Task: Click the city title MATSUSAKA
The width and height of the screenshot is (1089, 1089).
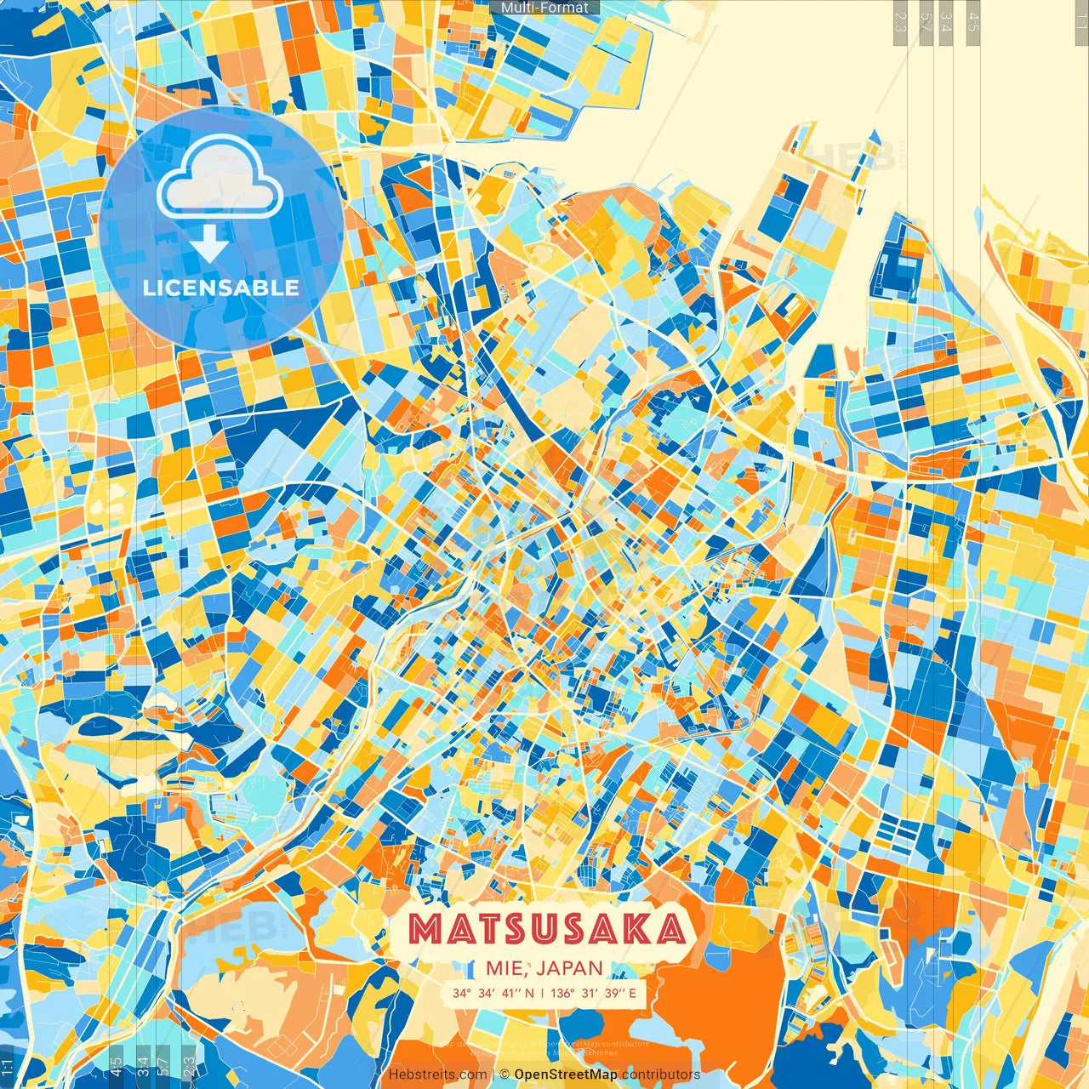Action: [x=546, y=929]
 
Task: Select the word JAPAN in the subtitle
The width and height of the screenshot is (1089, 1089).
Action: [x=570, y=968]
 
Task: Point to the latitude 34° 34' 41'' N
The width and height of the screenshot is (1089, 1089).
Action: [x=493, y=993]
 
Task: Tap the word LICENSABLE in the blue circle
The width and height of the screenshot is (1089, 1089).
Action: [x=221, y=288]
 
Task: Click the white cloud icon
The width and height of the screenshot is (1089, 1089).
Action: [x=220, y=177]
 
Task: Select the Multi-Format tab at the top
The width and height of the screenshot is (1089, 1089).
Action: [x=544, y=8]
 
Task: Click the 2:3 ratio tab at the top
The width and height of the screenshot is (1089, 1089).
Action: [x=900, y=22]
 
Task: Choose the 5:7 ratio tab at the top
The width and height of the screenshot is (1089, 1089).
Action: [x=926, y=22]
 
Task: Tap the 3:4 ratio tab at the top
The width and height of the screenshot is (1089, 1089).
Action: [x=946, y=22]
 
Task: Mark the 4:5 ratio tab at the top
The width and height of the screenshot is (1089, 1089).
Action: [x=973, y=22]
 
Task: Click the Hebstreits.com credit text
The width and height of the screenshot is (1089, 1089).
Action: [x=437, y=1075]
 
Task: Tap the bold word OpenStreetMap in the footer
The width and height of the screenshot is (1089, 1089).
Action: [x=566, y=1075]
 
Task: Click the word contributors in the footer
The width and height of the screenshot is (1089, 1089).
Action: [x=661, y=1075]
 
